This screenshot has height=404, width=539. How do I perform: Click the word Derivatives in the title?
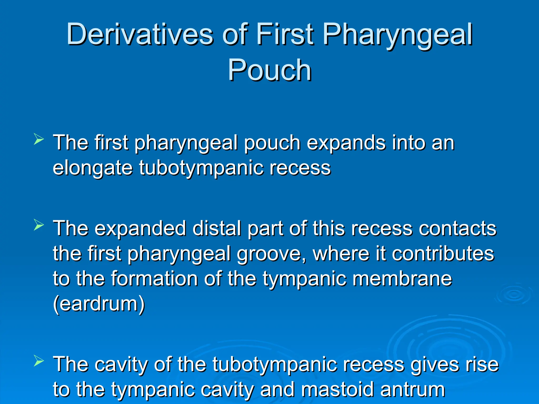point(139,34)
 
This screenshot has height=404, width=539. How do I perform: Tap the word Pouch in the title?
point(269,70)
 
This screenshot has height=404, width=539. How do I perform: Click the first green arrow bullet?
point(39,139)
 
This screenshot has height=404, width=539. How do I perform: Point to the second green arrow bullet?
point(39,225)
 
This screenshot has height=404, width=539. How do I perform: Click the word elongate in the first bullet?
point(93,168)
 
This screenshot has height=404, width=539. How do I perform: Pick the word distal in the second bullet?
point(217,228)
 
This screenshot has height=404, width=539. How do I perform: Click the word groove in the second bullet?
point(271,254)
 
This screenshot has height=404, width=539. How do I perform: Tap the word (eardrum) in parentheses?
point(99,304)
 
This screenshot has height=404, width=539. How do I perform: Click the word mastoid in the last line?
point(337,389)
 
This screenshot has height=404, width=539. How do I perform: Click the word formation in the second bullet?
point(154,279)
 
